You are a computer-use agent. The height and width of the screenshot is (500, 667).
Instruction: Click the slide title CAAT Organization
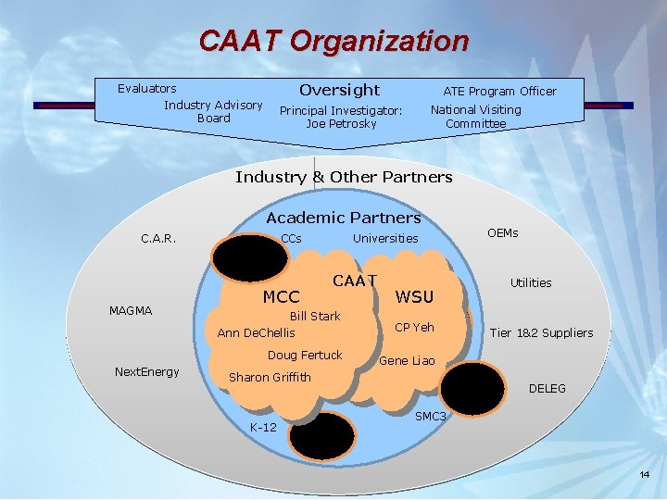coord(333,41)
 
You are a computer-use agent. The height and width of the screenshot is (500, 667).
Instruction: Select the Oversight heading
coord(339,90)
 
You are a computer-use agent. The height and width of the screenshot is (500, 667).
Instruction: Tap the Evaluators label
coord(146,89)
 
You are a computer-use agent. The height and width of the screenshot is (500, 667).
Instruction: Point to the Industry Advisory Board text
coord(213,111)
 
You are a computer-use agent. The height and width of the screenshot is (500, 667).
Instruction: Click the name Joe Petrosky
coord(341,124)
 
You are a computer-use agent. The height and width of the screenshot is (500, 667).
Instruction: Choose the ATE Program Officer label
coord(499,91)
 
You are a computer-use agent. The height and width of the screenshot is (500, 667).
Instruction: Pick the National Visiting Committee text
coord(475,117)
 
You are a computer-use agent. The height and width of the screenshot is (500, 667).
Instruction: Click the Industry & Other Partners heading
coord(344,177)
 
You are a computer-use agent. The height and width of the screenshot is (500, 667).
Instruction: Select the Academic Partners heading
coord(343,218)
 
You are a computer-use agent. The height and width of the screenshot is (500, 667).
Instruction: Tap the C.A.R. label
coord(158,239)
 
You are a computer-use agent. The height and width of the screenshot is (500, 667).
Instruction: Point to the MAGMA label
coord(131,310)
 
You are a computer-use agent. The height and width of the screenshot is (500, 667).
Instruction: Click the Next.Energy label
coord(146,372)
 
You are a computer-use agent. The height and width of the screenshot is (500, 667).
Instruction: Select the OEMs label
coord(502,233)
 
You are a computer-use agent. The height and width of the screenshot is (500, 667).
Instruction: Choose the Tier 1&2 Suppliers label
coord(541,333)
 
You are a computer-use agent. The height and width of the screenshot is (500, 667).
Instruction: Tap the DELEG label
coord(547,389)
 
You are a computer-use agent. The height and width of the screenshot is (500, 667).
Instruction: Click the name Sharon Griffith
coord(270,377)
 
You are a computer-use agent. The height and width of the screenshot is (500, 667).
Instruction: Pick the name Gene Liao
coord(407,360)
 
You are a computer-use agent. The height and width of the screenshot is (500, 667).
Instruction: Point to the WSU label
coord(414,297)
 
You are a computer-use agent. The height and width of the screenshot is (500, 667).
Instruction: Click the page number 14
coord(645,475)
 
